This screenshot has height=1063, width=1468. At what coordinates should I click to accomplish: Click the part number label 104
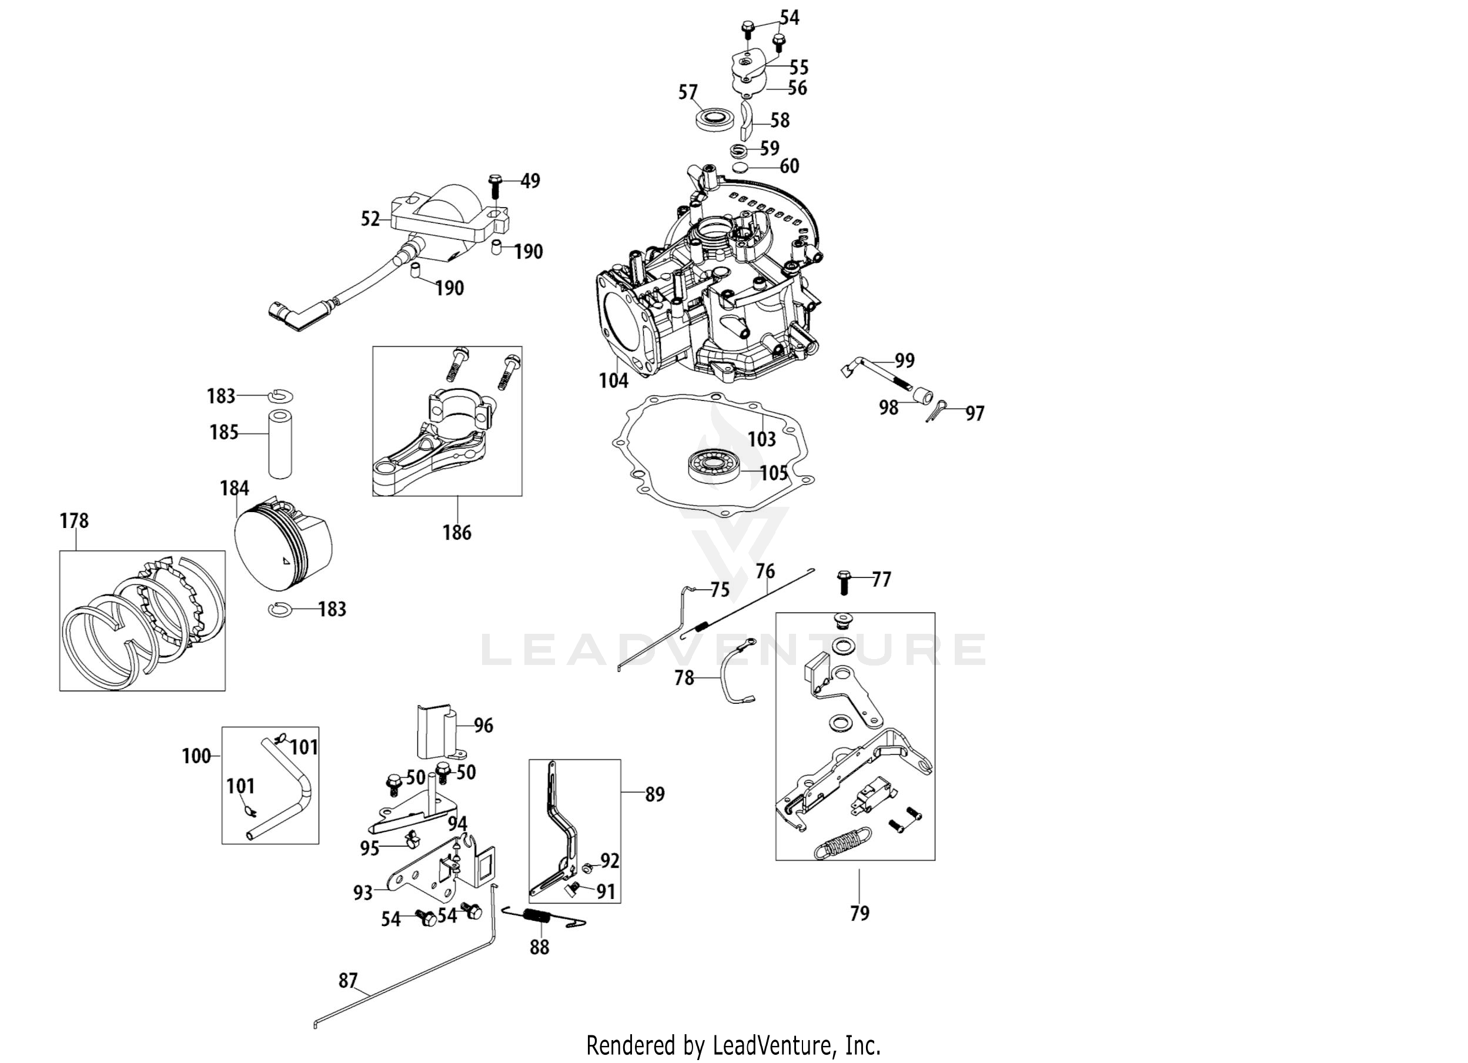tap(613, 380)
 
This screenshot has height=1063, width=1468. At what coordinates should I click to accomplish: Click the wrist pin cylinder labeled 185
tap(280, 443)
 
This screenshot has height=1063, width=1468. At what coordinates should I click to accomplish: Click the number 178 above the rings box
tap(75, 520)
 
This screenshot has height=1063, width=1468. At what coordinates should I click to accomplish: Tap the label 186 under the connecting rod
tap(456, 533)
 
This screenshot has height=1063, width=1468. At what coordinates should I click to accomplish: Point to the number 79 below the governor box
tap(860, 914)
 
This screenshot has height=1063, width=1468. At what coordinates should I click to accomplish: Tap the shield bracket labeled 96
tap(437, 731)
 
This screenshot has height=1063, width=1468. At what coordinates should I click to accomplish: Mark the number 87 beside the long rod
tap(348, 981)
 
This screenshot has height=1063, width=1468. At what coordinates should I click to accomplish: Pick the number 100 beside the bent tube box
tap(196, 756)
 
